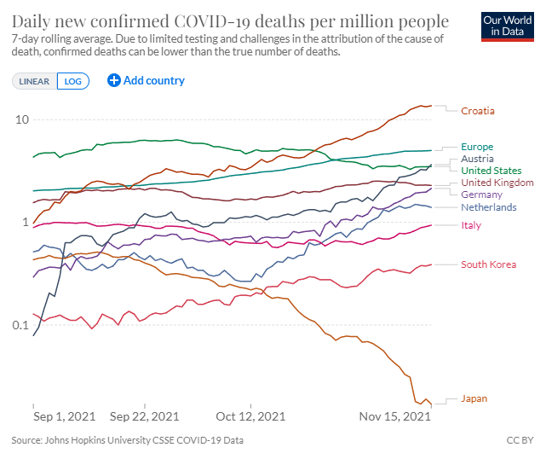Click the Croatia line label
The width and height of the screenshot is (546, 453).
point(478,111)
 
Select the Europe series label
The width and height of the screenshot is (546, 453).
point(477,147)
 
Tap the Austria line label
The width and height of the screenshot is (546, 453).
point(477,159)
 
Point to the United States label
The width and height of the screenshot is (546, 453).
point(491,171)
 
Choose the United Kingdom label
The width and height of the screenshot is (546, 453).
point(497,183)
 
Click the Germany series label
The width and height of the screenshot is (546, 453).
point(481,195)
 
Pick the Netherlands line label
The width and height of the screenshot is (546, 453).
point(489,207)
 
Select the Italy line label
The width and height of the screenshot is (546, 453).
point(471,225)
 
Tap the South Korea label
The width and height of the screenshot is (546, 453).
point(489,264)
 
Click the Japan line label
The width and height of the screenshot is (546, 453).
point(474,398)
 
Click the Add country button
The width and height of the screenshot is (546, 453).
point(147,80)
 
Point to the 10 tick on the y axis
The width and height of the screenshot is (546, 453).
point(22,119)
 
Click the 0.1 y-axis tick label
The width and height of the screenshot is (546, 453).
point(20,326)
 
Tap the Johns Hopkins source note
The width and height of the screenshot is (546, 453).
point(128,441)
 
